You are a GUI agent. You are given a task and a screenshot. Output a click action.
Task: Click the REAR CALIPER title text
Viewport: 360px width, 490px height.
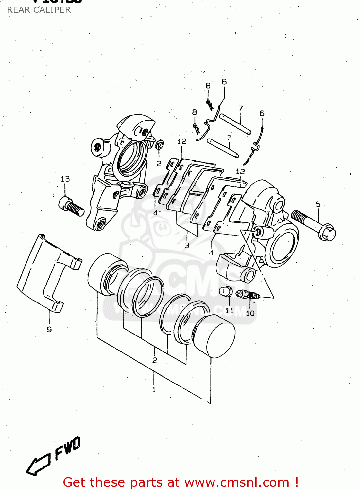(39, 10)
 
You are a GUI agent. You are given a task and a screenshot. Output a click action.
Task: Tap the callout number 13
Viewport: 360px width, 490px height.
(65, 179)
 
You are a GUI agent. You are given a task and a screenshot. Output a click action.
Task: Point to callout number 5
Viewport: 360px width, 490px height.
(318, 204)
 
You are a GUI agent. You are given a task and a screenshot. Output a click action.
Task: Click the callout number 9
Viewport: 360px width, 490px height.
(49, 329)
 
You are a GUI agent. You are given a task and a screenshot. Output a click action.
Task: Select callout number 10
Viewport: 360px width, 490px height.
(250, 313)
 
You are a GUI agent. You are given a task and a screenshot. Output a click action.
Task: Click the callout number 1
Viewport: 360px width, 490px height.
(154, 389)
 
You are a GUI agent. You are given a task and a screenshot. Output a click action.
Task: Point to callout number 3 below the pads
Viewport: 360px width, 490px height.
(187, 245)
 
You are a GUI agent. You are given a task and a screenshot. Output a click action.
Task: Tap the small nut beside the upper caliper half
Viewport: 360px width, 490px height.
(160, 144)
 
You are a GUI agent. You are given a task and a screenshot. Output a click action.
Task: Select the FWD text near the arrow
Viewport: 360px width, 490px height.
(68, 448)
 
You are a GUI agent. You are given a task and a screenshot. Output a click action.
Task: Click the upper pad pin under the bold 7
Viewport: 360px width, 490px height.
(235, 124)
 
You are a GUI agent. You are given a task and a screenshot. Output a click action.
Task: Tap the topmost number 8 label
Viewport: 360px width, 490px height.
(208, 86)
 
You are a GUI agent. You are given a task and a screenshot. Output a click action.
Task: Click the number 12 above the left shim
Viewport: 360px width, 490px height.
(182, 141)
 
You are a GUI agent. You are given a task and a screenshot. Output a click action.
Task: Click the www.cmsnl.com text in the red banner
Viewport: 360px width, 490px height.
(237, 482)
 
